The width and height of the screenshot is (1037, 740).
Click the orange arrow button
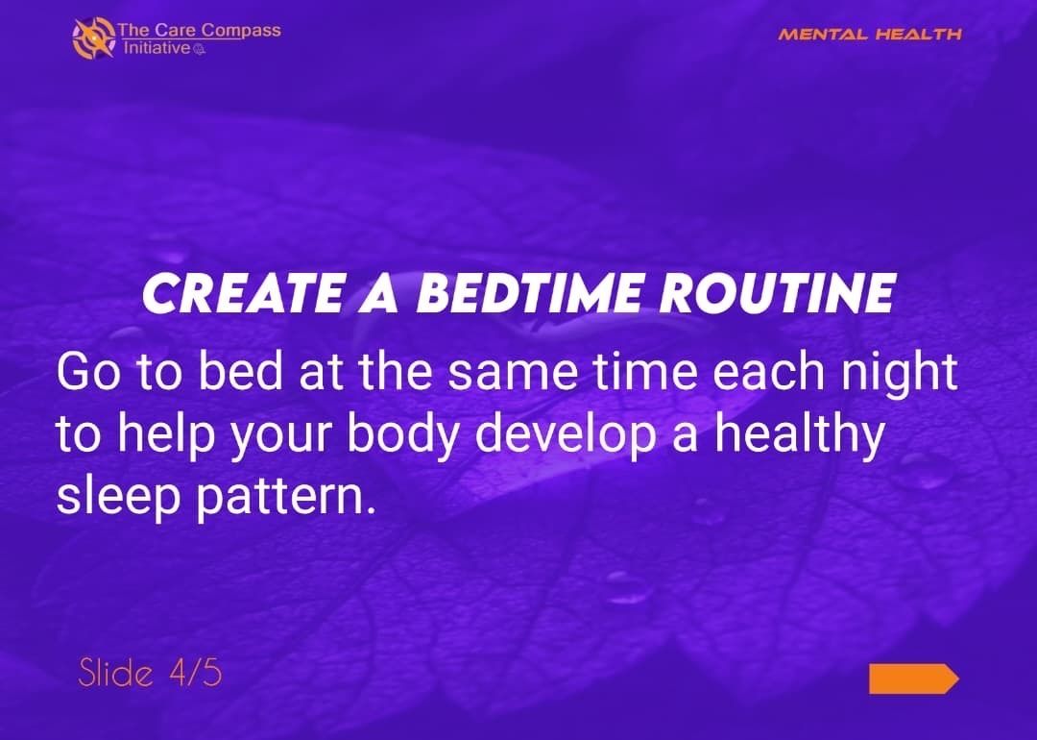(x=912, y=678)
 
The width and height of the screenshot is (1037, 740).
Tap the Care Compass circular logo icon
(x=93, y=37)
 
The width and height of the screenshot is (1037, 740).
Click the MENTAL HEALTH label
(x=869, y=35)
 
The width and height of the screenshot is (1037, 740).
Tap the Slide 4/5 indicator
(x=150, y=673)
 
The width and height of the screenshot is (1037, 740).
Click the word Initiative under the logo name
(x=157, y=48)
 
